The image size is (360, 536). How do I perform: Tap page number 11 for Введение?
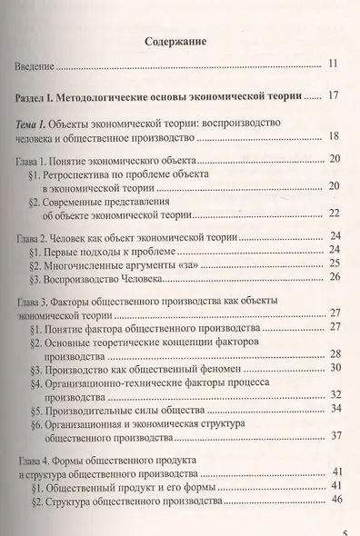click(333, 65)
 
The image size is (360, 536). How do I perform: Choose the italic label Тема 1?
click(40, 123)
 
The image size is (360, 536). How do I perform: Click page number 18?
click(333, 138)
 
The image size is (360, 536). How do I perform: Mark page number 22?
click(333, 213)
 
